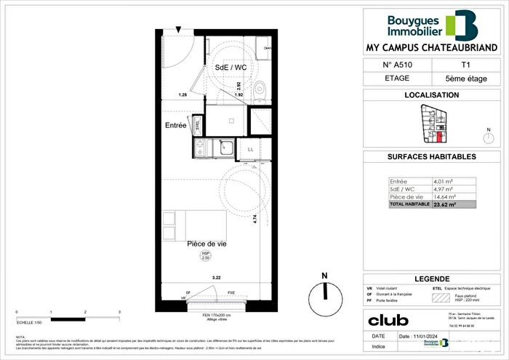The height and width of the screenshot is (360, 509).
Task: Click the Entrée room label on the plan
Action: point(176,126)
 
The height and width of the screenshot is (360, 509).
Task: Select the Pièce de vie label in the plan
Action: point(207,244)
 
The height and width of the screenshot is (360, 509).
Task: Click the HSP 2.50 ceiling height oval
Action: point(205,255)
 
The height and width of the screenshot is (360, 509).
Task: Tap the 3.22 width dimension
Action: point(216,278)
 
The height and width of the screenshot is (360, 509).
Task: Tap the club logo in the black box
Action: point(388,320)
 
